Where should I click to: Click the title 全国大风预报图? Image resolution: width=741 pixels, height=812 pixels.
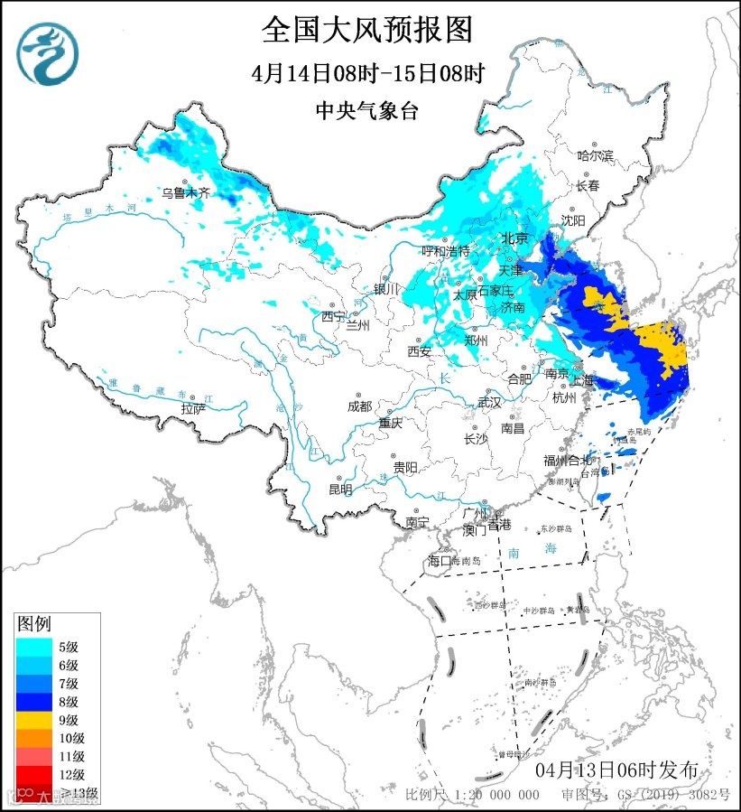click(367, 30)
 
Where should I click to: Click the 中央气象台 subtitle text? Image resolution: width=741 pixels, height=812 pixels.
click(367, 110)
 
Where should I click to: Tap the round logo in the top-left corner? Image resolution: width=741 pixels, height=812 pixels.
click(48, 53)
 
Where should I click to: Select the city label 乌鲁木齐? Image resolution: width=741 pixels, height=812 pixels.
click(185, 192)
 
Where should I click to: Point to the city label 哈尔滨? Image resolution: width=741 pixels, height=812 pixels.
click(595, 156)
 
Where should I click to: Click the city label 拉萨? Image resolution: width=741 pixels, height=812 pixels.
click(193, 408)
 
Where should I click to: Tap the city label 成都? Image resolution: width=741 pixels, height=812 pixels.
click(358, 406)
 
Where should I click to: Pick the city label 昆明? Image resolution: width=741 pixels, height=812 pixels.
click(340, 489)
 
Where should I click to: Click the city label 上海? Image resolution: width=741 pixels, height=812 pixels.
click(584, 379)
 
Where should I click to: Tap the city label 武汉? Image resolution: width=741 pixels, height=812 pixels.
click(488, 402)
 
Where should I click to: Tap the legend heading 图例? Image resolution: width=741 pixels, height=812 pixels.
click(35, 624)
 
